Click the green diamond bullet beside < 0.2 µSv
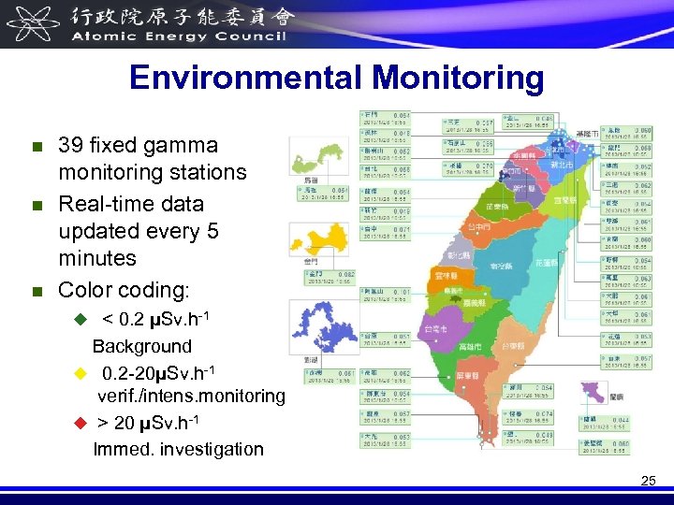coord(80,320)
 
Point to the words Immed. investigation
coord(178,449)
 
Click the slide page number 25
coord(649,482)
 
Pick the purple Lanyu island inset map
coord(593,393)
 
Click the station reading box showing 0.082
coord(330,276)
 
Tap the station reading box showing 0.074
coord(531,417)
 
